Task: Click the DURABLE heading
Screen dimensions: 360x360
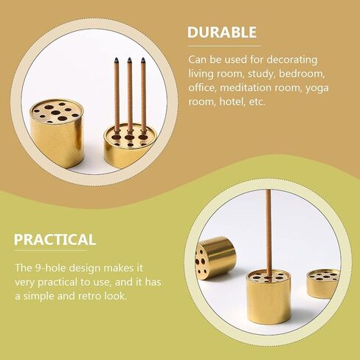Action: (222, 32)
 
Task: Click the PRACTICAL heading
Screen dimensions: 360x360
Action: (55, 240)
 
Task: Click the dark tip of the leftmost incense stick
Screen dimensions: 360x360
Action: (116, 60)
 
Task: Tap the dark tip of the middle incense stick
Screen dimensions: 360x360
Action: (129, 60)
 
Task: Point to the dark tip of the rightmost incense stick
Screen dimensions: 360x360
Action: (143, 60)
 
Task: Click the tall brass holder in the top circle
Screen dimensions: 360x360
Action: (57, 134)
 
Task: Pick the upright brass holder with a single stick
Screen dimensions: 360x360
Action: (269, 297)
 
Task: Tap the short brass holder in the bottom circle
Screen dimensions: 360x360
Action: (323, 283)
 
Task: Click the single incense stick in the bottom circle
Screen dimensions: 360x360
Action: (269, 235)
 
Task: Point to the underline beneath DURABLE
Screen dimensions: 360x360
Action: (224, 46)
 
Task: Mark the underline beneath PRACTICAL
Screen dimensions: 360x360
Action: (50, 251)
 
